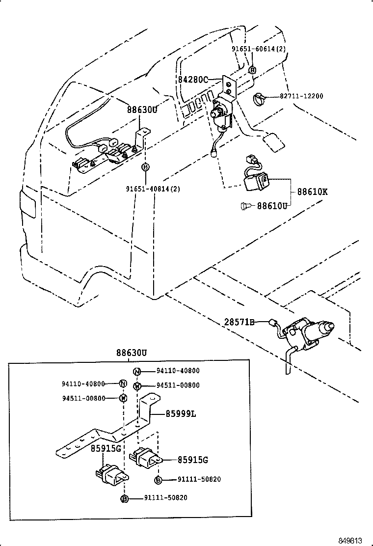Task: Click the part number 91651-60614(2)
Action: (x=258, y=50)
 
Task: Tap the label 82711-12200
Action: (x=299, y=96)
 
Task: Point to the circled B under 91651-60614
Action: (x=252, y=70)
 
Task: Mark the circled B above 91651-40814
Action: (x=145, y=167)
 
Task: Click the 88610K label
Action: (x=312, y=191)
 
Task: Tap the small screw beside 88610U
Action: (x=246, y=206)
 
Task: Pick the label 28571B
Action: (x=240, y=322)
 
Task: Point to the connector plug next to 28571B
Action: (x=271, y=323)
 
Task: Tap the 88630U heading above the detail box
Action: (x=132, y=353)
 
